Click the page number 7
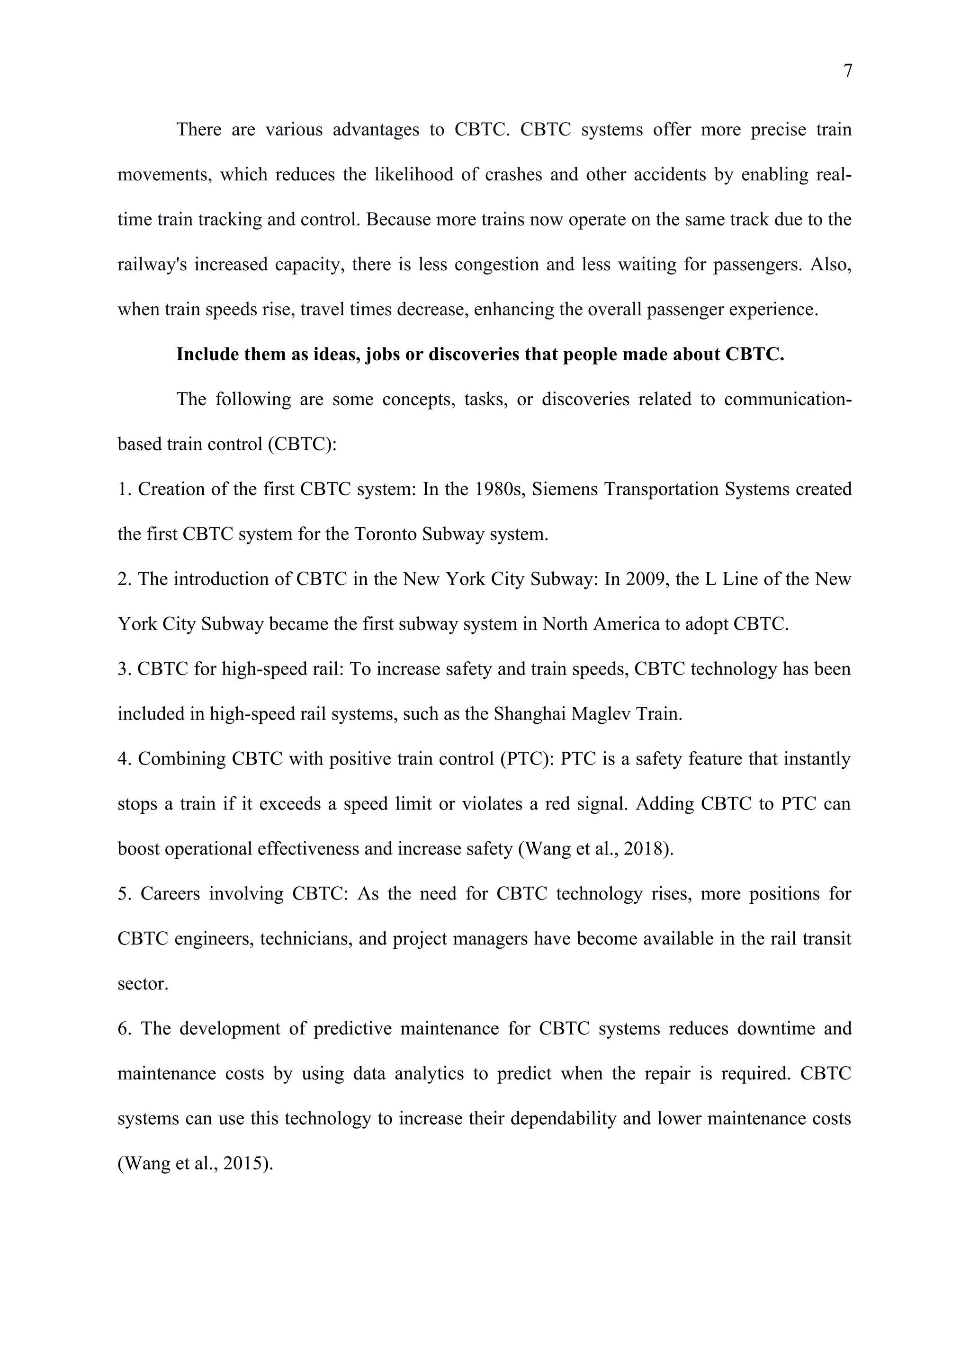click(847, 71)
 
